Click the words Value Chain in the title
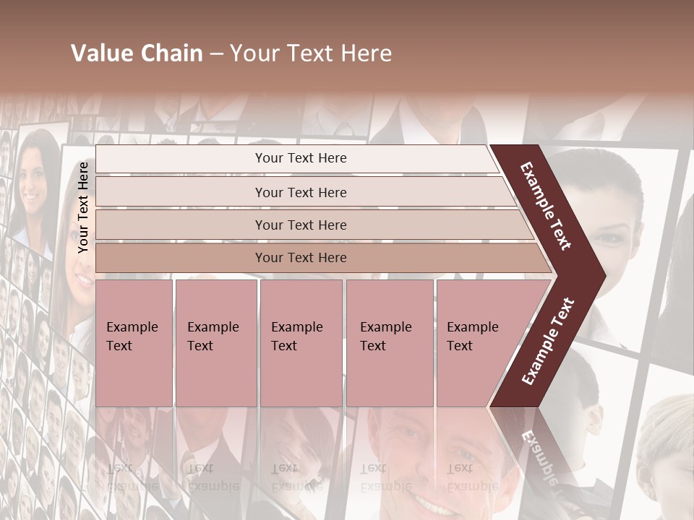[x=137, y=53]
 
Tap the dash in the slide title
[x=216, y=54]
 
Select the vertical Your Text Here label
[x=83, y=207]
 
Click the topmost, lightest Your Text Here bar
[x=300, y=159]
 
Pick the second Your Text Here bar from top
[x=300, y=192]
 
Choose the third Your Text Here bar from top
[x=300, y=225]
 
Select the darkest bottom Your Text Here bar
[x=300, y=258]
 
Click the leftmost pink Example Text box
[x=134, y=343]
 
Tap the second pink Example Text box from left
[x=215, y=343]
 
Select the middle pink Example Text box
[x=301, y=343]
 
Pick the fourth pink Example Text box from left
[x=389, y=343]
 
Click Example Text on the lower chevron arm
[x=547, y=342]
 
